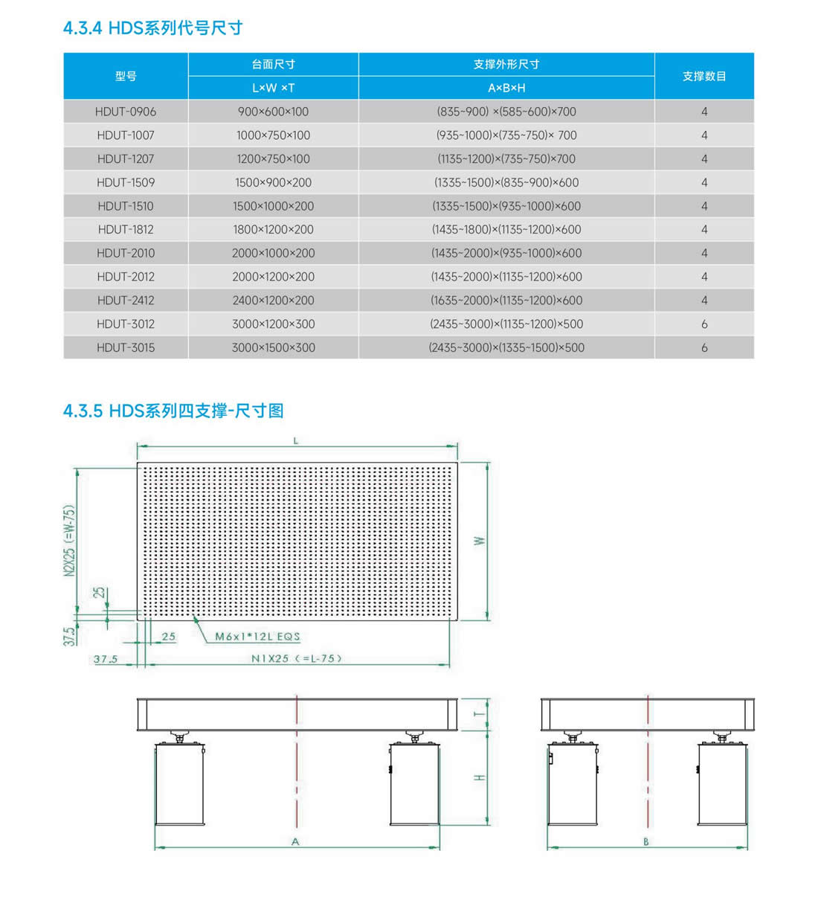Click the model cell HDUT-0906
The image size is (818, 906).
click(x=126, y=112)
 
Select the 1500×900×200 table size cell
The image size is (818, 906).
click(x=273, y=182)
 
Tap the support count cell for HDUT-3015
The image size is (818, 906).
click(x=703, y=347)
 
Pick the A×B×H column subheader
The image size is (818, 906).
click(x=506, y=88)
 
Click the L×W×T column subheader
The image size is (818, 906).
click(x=273, y=88)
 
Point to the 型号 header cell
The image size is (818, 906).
click(x=126, y=76)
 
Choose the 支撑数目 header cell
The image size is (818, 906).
click(x=703, y=76)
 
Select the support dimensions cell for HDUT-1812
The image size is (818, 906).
click(x=506, y=229)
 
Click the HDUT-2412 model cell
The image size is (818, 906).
click(x=126, y=301)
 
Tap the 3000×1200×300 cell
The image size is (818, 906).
click(x=273, y=324)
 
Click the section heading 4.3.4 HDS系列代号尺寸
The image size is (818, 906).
click(x=153, y=28)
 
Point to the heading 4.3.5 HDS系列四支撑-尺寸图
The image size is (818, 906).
click(x=173, y=411)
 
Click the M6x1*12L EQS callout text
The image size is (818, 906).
click(x=257, y=637)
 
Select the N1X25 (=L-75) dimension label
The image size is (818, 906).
click(x=296, y=658)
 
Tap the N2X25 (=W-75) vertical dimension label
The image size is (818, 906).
click(x=69, y=541)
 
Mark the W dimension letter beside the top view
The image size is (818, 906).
click(x=480, y=541)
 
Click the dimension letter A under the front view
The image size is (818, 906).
click(x=295, y=842)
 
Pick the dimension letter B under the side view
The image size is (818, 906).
click(x=646, y=842)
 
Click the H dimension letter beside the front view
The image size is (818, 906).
click(x=480, y=777)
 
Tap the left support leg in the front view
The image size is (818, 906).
click(x=179, y=783)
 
